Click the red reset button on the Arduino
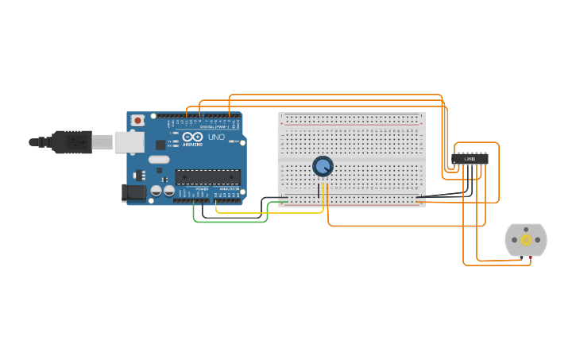pyautogui.click(x=138, y=120)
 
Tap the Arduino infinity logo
pyautogui.click(x=192, y=137)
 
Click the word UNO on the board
pyautogui.click(x=215, y=137)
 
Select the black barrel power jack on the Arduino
pyautogui.click(x=132, y=192)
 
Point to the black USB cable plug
pyautogui.click(x=72, y=142)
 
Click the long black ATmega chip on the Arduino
pyautogui.click(x=207, y=177)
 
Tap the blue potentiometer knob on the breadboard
pyautogui.click(x=323, y=166)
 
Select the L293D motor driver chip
pyautogui.click(x=470, y=159)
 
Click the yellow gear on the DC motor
pyautogui.click(x=526, y=239)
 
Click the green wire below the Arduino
pyautogui.click(x=230, y=221)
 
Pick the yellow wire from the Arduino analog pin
pyautogui.click(x=270, y=212)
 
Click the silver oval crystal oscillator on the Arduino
pyautogui.click(x=159, y=160)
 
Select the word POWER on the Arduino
pyautogui.click(x=202, y=188)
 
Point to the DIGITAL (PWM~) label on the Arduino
pyautogui.click(x=215, y=126)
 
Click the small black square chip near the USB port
pyautogui.click(x=160, y=145)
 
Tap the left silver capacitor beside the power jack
pyautogui.click(x=157, y=191)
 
